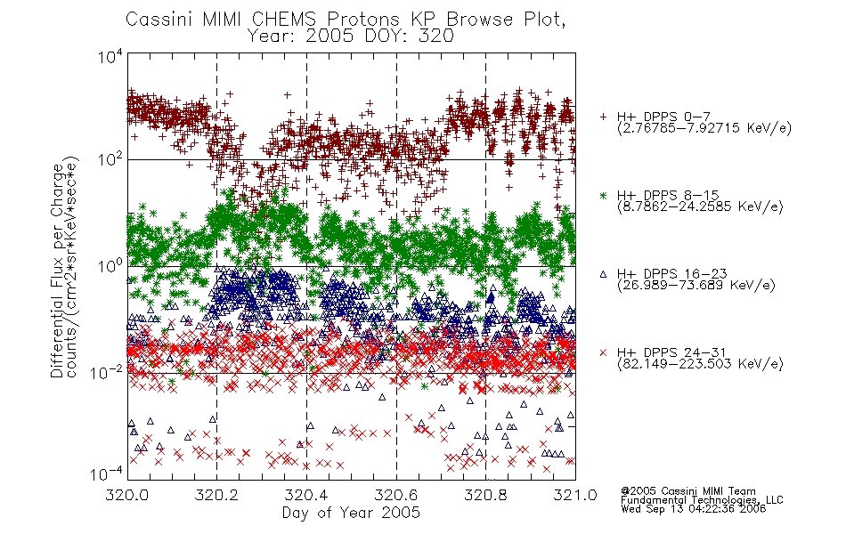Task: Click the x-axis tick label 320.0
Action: (x=126, y=495)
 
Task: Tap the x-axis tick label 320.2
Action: (x=217, y=495)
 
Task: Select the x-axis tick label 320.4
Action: (x=306, y=495)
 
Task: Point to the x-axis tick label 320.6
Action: (x=396, y=495)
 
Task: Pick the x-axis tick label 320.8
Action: (x=485, y=495)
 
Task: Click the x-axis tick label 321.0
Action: (x=575, y=495)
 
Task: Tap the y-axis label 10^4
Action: (x=110, y=56)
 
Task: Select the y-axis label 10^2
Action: (x=110, y=159)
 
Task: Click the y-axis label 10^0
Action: (x=110, y=266)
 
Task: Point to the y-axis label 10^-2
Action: (x=108, y=372)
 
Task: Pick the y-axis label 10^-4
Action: (x=108, y=474)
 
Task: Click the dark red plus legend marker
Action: (x=603, y=117)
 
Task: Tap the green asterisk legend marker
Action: (x=603, y=195)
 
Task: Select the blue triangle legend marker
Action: (x=603, y=274)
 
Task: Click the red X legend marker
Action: (x=603, y=352)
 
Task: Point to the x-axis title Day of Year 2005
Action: (x=351, y=513)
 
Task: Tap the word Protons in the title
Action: (x=363, y=20)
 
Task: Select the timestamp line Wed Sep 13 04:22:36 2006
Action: (x=694, y=509)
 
